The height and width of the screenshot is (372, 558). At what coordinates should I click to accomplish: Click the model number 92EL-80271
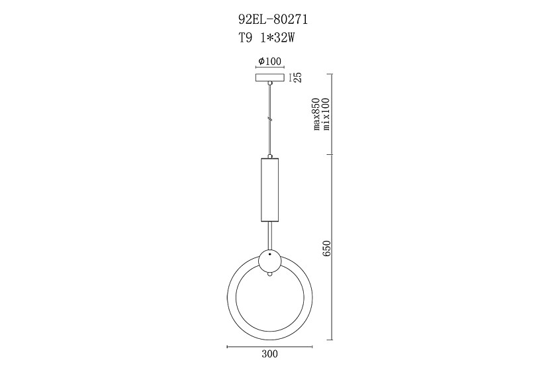[x=273, y=20]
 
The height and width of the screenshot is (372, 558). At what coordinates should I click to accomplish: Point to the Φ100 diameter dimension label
[x=270, y=62]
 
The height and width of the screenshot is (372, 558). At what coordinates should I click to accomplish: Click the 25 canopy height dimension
[x=299, y=77]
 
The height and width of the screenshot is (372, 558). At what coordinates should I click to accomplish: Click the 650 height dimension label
[x=328, y=248]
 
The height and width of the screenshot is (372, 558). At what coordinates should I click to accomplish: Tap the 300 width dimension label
[x=270, y=354]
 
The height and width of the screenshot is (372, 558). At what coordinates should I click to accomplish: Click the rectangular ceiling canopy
[x=270, y=77]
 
